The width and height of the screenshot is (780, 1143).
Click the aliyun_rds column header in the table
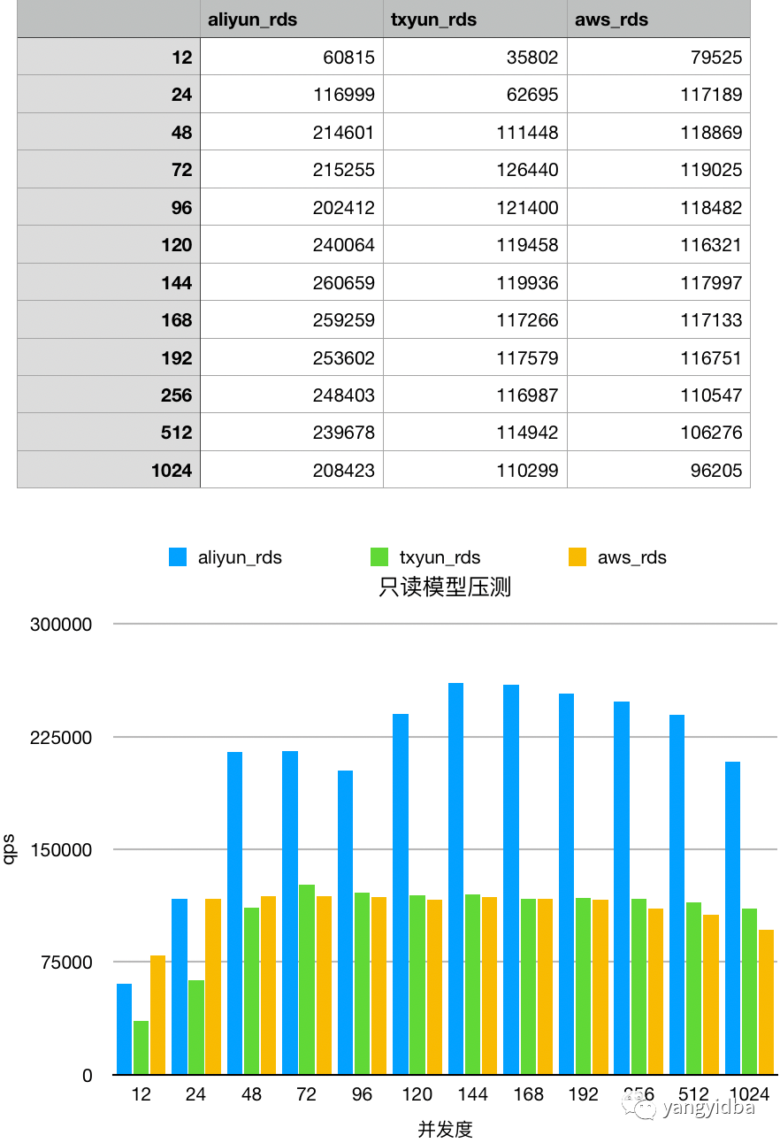252,19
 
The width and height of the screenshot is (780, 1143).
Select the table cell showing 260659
343,283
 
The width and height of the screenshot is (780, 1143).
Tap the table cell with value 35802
527,58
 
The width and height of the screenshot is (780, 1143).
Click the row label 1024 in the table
172,471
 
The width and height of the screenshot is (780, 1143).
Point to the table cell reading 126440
527,170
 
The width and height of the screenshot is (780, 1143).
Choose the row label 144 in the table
176,283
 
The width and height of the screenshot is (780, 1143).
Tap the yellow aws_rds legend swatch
577,557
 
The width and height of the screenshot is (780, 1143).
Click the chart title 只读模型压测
445,587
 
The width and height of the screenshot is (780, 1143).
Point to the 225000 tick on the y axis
61,737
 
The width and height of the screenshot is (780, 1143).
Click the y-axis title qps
10,849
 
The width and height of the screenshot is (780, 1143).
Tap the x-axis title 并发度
445,1129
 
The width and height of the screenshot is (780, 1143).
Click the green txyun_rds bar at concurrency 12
141,1048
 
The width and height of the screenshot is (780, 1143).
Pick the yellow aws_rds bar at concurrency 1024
766,1002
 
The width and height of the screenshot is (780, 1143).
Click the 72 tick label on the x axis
306,1094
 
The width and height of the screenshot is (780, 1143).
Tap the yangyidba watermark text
708,1107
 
